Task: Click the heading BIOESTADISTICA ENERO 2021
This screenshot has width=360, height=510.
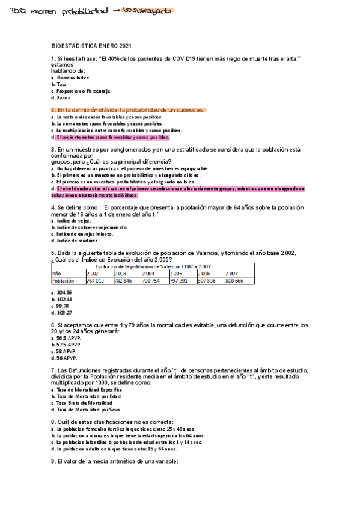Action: pos(91,46)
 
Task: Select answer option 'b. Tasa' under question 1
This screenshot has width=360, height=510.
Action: pos(59,84)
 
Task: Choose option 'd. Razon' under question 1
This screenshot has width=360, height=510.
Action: pos(61,97)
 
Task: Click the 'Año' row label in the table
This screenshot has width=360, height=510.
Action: pos(57,273)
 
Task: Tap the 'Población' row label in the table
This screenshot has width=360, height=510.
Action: pos(64,280)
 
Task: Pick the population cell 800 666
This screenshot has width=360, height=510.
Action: pos(234,280)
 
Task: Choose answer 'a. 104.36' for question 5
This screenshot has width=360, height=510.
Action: pos(61,292)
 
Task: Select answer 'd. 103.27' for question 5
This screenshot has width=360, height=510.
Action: pos(62,313)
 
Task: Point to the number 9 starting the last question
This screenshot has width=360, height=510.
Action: pos(53,462)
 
